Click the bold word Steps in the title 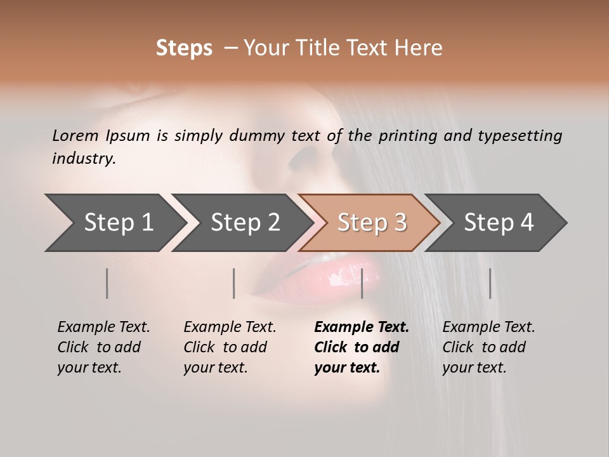pos(184,48)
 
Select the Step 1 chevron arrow pos(114,223)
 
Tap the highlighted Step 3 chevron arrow pos(369,223)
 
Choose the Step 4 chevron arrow pos(496,223)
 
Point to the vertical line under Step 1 pos(107,283)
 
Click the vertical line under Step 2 pos(234,283)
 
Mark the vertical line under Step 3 pos(362,283)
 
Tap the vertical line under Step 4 pos(490,283)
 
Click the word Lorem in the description pos(75,136)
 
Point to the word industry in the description pos(84,159)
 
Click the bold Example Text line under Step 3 pos(362,328)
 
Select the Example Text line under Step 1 pos(103,328)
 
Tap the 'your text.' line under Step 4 pos(474,368)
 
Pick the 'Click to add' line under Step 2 pos(225,348)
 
